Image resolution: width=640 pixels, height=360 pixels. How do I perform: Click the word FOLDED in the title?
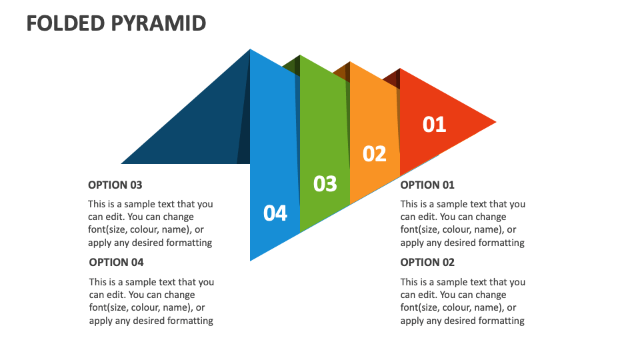(x=65, y=23)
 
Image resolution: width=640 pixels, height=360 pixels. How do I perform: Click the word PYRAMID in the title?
(x=158, y=23)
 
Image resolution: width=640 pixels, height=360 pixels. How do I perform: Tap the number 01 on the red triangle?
(x=434, y=125)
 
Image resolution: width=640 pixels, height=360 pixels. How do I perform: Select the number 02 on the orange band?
(x=375, y=154)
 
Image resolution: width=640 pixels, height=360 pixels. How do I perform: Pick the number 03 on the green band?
(x=325, y=183)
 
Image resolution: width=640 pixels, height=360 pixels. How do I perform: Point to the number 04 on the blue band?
(x=275, y=213)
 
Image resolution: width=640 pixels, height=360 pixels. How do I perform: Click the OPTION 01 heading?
(x=427, y=185)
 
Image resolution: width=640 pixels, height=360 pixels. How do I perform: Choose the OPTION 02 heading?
(x=427, y=262)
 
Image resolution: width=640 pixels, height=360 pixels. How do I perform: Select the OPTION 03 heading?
(x=115, y=185)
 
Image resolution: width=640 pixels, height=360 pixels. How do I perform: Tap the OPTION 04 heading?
(x=116, y=262)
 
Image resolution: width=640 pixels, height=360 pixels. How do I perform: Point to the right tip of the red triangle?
(x=494, y=122)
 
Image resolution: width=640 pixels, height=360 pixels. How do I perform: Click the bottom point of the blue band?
(x=252, y=258)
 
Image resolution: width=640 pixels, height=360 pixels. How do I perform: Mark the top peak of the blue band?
(x=251, y=51)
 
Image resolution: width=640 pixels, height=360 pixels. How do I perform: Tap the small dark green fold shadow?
(x=292, y=65)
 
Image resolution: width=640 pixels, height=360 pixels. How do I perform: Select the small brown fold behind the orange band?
(x=342, y=71)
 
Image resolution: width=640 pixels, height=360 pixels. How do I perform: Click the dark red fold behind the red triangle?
(x=392, y=78)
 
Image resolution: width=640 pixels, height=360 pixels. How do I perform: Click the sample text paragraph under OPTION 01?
(x=463, y=223)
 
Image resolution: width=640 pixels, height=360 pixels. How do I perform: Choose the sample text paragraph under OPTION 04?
(x=151, y=301)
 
